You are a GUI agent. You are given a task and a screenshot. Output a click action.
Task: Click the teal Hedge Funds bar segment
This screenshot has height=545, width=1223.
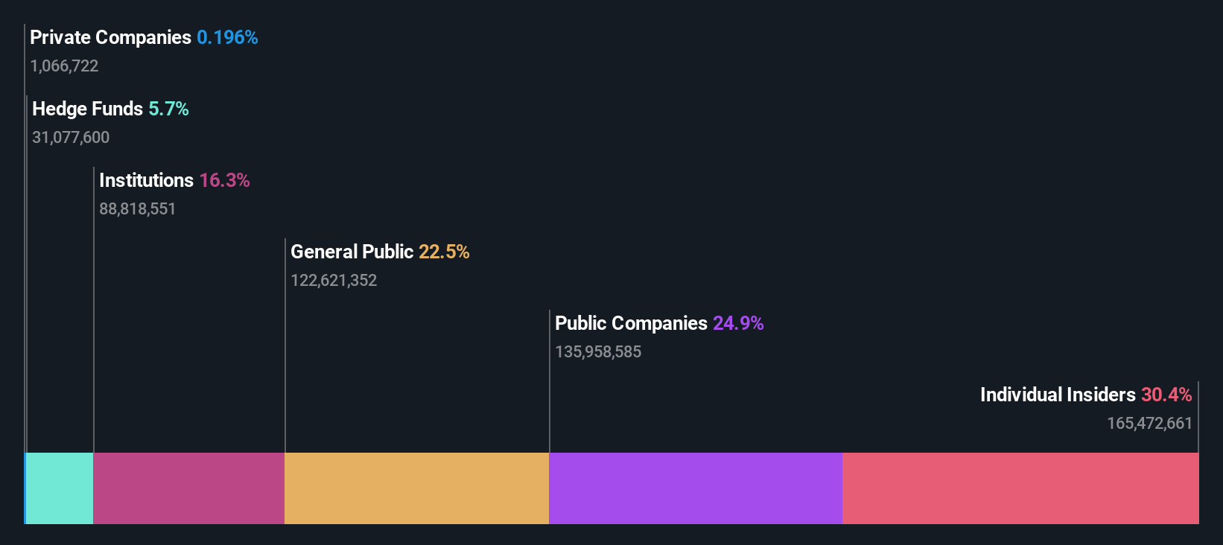60,488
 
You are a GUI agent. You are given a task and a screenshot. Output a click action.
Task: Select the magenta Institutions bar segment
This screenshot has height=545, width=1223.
188,488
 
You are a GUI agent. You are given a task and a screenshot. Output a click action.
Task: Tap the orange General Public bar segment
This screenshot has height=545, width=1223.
416,488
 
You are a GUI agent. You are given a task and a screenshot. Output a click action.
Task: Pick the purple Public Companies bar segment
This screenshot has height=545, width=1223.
696,488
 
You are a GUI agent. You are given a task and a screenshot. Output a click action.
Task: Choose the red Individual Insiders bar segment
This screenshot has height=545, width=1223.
1020,488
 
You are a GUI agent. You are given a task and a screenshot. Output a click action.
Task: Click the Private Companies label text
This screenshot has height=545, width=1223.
110,37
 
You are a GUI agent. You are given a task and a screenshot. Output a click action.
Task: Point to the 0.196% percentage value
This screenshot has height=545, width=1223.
227,37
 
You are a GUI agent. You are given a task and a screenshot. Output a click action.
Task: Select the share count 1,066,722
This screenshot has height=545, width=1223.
64,66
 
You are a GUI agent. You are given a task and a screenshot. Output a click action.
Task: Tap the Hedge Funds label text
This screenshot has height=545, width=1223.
87,109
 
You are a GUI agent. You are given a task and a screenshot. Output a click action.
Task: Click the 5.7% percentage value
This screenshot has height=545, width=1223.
168,109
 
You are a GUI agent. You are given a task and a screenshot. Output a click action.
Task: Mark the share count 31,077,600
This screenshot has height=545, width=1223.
71,137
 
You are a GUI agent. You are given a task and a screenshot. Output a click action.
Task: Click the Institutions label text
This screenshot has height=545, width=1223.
146,180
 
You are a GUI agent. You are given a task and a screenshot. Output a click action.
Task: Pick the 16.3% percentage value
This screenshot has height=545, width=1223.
224,180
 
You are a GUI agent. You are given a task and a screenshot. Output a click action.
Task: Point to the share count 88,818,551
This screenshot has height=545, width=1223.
137,208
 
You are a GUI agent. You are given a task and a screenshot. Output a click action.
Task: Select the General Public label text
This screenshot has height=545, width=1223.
352,252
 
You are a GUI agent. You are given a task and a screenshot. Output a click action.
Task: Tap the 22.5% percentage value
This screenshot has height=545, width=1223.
444,252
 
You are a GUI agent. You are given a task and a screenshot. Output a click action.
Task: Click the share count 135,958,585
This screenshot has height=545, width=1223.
598,351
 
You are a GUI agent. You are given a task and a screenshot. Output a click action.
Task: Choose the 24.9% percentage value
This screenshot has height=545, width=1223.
738,323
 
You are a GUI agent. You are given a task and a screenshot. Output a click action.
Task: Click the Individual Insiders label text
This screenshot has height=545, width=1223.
1058,395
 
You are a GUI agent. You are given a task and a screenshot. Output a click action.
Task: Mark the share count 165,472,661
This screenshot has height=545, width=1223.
1149,423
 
